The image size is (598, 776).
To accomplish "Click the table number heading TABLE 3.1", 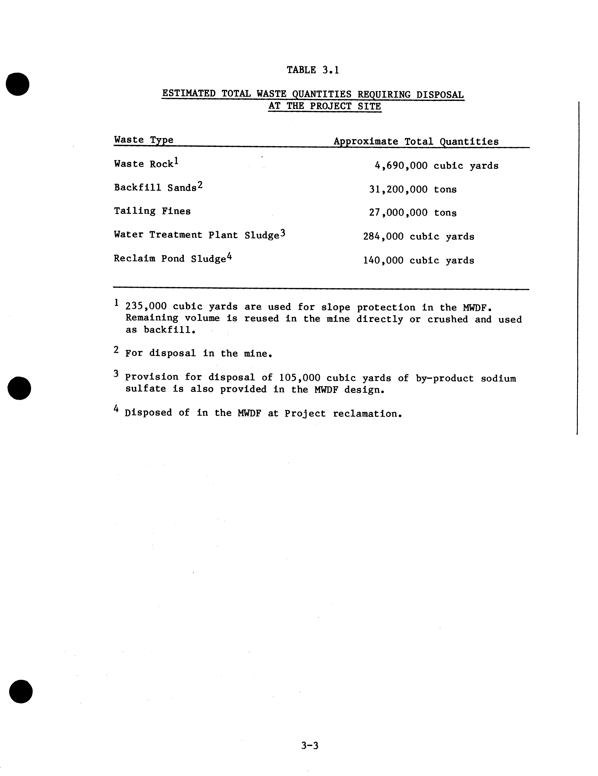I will tap(313, 70).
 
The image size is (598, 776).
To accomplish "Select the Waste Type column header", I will tap(144, 140).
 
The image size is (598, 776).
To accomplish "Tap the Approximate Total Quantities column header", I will tap(416, 141).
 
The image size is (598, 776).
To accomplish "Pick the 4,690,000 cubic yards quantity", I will tap(436, 166).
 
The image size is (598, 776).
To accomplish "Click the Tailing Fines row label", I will tap(152, 211).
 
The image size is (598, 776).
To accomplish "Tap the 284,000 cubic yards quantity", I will tap(418, 237).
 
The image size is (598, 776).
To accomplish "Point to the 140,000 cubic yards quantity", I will tap(418, 260).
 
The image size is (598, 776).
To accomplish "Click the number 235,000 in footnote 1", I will tap(146, 306).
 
